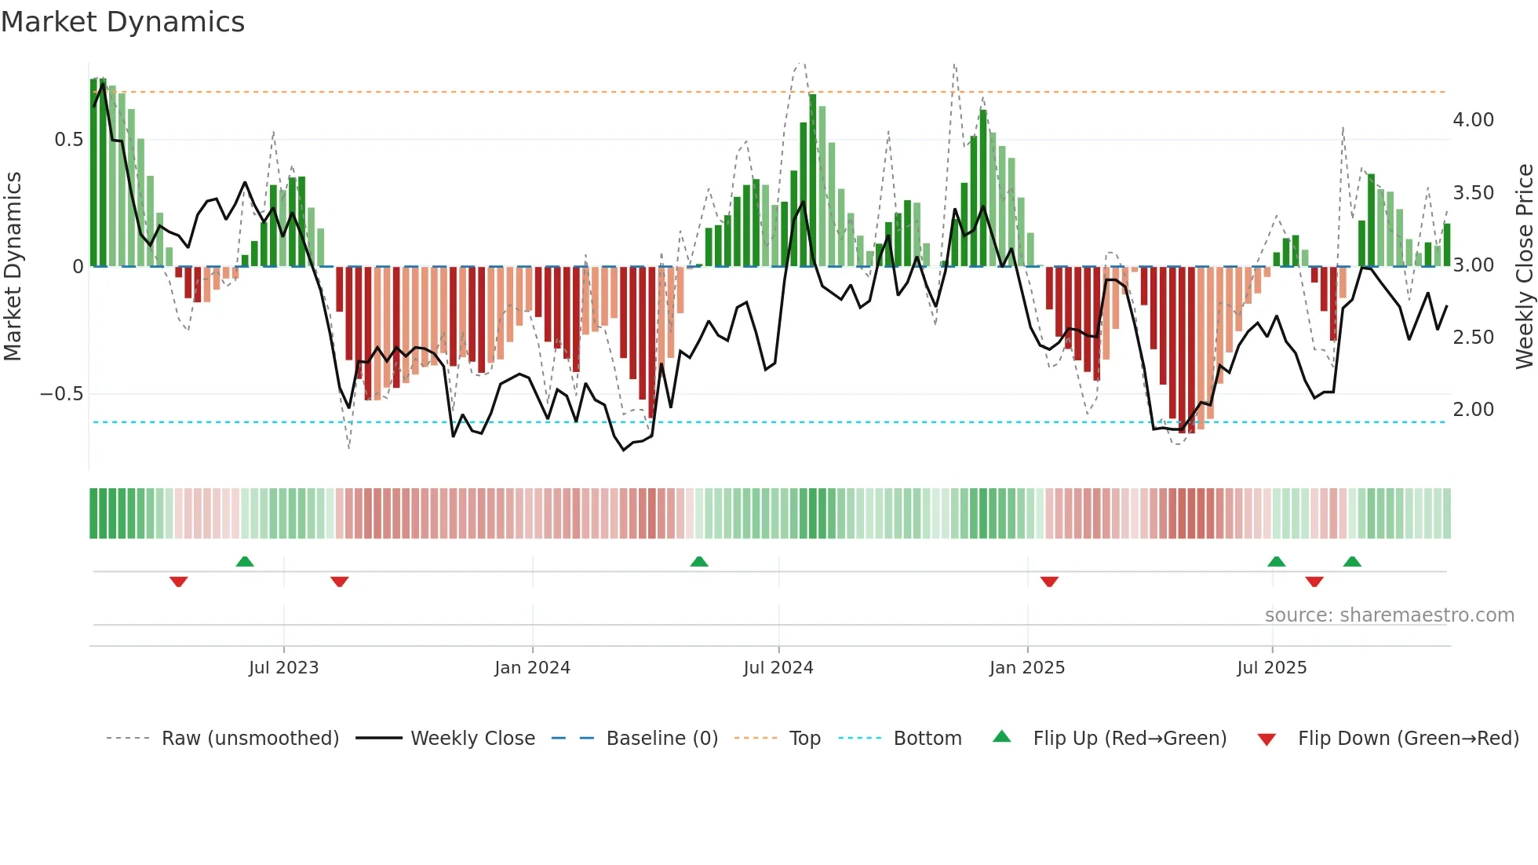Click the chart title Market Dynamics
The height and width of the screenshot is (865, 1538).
pyautogui.click(x=123, y=22)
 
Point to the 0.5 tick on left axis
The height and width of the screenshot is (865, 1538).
pyautogui.click(x=68, y=140)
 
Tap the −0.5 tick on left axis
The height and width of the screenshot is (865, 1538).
pyautogui.click(x=61, y=394)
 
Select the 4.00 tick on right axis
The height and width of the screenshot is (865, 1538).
pyautogui.click(x=1473, y=120)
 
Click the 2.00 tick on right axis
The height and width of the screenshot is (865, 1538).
pyautogui.click(x=1473, y=410)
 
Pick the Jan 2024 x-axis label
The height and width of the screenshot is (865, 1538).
pyautogui.click(x=532, y=668)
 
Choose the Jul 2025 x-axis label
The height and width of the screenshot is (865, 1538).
pyautogui.click(x=1271, y=668)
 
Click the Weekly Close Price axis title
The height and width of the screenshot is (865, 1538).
pyautogui.click(x=1524, y=267)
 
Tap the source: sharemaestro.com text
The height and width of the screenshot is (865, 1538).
pyautogui.click(x=1389, y=615)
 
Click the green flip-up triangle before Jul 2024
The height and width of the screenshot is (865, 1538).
pyautogui.click(x=699, y=561)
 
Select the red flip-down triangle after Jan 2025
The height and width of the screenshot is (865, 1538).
pyautogui.click(x=1049, y=582)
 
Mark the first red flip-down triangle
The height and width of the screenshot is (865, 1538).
pyautogui.click(x=179, y=582)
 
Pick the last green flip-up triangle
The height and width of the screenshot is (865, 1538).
pyautogui.click(x=1352, y=561)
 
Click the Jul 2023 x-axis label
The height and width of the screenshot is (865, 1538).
pyautogui.click(x=283, y=668)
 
